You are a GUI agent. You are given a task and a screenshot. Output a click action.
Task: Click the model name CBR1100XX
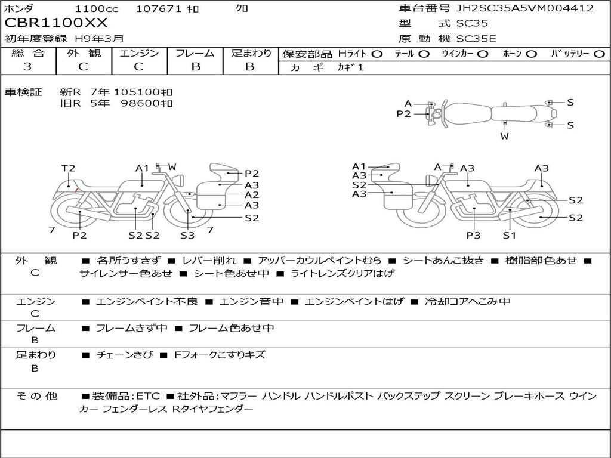point(55,23)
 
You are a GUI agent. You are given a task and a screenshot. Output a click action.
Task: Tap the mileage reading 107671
point(159,8)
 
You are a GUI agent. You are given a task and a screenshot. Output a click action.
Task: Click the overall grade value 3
point(27,67)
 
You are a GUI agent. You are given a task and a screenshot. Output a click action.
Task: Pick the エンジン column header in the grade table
point(139,53)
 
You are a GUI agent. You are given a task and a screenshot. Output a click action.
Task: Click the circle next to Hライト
point(377,54)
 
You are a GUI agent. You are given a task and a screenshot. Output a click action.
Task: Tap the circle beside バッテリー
point(599,54)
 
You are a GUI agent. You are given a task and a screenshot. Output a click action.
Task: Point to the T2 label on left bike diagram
point(68,168)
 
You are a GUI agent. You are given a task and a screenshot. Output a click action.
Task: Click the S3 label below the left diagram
point(187,235)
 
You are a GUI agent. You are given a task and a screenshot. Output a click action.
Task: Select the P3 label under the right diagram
point(473,235)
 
